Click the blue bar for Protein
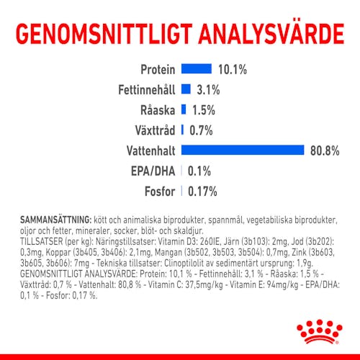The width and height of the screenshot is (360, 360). [x=197, y=68]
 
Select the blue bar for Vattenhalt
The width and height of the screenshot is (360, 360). [x=243, y=150]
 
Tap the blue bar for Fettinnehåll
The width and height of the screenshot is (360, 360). [x=186, y=89]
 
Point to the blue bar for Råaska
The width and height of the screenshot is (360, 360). [x=184, y=109]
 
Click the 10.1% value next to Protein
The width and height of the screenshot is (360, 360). [x=233, y=70]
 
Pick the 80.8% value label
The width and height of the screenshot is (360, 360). [x=325, y=151]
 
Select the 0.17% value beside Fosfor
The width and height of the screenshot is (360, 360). [x=202, y=192]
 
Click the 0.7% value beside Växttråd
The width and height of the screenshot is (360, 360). [x=201, y=130]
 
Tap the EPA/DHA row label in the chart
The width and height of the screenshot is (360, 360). [x=153, y=171]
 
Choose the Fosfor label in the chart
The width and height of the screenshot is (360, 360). [x=160, y=192]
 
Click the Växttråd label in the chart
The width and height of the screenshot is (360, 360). [x=155, y=130]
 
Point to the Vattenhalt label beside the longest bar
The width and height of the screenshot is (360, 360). [x=151, y=151]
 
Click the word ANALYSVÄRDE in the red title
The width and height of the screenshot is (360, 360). [x=271, y=34]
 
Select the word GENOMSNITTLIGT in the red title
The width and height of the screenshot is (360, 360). [x=104, y=34]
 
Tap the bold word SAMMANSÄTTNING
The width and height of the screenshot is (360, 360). [x=55, y=220]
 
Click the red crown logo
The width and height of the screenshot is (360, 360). [x=320, y=331]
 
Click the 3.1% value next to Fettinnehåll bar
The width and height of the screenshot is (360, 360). [x=208, y=90]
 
